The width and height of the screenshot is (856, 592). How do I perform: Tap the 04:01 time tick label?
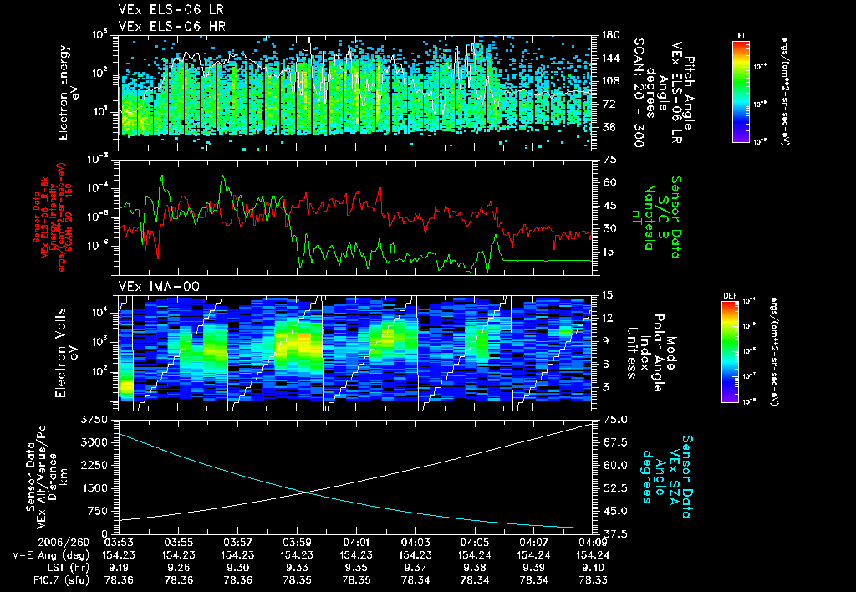pos(357,541)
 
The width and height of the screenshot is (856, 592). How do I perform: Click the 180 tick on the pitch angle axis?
pos(609,35)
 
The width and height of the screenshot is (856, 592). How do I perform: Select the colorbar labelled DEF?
pos(729,351)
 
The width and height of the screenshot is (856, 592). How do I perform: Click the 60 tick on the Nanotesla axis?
pos(609,181)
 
